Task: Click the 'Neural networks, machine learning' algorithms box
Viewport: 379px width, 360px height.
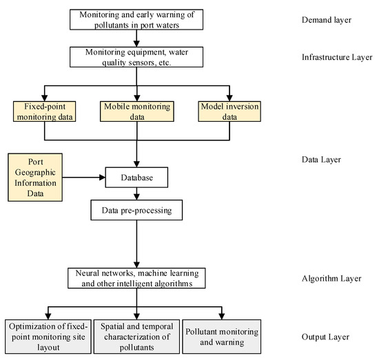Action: pyautogui.click(x=136, y=277)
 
